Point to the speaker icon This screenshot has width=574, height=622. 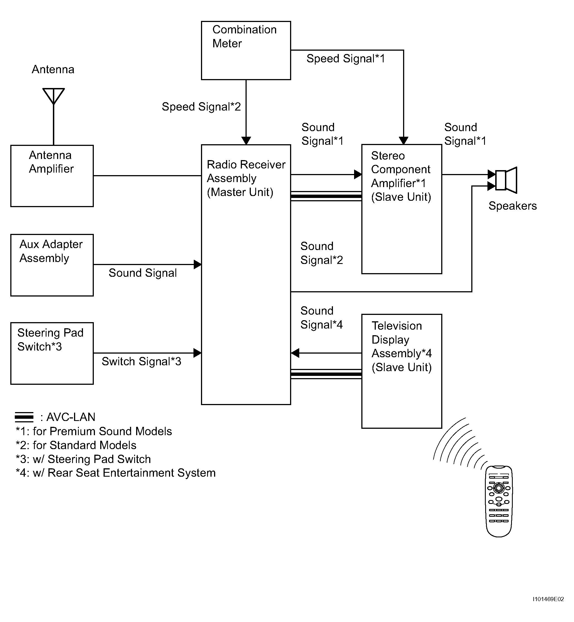point(506,180)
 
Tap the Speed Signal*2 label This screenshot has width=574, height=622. point(201,107)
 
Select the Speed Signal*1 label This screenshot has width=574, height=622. point(346,58)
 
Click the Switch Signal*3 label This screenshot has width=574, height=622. point(141,361)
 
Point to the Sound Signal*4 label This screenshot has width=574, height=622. point(322,317)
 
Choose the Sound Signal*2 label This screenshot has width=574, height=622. point(322,253)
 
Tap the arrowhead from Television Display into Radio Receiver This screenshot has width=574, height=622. point(295,353)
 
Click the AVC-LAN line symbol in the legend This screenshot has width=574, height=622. point(24,417)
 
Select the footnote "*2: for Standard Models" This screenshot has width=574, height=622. point(76,445)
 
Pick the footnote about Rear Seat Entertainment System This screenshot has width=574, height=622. point(116,473)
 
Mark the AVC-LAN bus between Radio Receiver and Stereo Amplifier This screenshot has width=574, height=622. point(326,196)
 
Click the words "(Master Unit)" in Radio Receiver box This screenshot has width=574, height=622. point(240,192)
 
